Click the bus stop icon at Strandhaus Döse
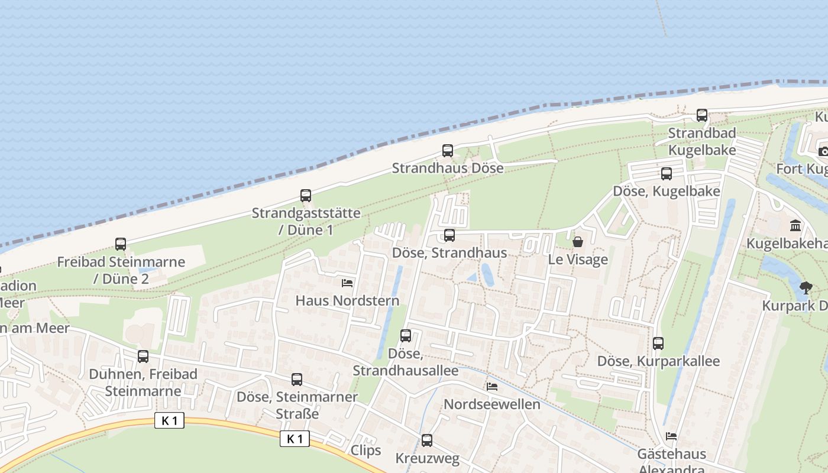coord(448,151)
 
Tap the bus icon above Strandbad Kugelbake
coord(702,115)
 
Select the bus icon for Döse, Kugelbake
coord(667,174)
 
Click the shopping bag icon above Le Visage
coord(578,242)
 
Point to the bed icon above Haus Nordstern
coord(347,283)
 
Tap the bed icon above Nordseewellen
coord(491,387)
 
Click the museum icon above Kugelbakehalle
coord(795,226)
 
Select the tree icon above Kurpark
coord(806,289)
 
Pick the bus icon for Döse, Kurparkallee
coord(658,344)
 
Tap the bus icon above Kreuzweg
coord(426,440)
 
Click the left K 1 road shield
coord(169,421)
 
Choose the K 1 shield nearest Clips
coord(295,439)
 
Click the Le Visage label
coord(578,259)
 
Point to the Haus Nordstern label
coord(347,300)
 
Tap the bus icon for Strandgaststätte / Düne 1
coord(306,196)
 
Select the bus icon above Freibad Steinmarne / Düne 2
coord(121,244)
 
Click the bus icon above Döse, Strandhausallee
coord(406,336)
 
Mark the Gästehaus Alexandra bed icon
coord(671,436)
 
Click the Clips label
coord(366,451)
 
